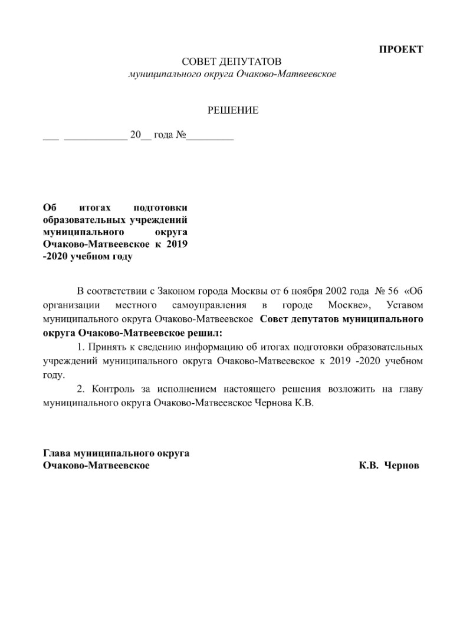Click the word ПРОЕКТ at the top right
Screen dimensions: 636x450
(x=400, y=49)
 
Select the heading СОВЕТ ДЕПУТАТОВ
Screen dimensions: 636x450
(x=232, y=62)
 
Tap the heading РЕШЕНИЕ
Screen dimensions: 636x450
(x=232, y=110)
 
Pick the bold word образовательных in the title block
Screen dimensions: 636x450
(x=84, y=219)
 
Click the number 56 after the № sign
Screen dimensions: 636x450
(x=392, y=292)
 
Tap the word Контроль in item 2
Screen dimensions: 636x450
(x=113, y=390)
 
